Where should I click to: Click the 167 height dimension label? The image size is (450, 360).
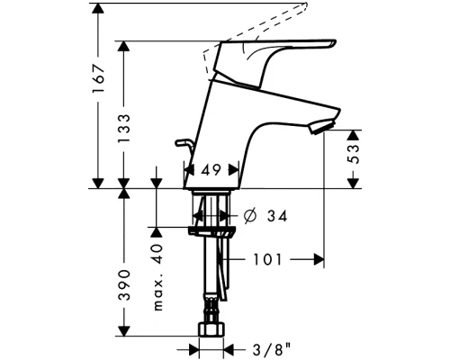(x=98, y=78)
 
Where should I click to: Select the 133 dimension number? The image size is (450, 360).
(x=124, y=129)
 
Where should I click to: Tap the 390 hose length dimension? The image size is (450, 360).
(x=124, y=285)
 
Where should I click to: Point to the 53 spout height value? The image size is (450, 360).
(x=355, y=154)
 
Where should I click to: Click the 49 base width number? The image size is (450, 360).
(x=211, y=170)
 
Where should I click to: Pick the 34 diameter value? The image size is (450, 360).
(x=277, y=216)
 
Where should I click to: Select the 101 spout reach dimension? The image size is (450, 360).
(x=267, y=259)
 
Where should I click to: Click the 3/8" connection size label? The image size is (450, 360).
(x=272, y=349)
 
